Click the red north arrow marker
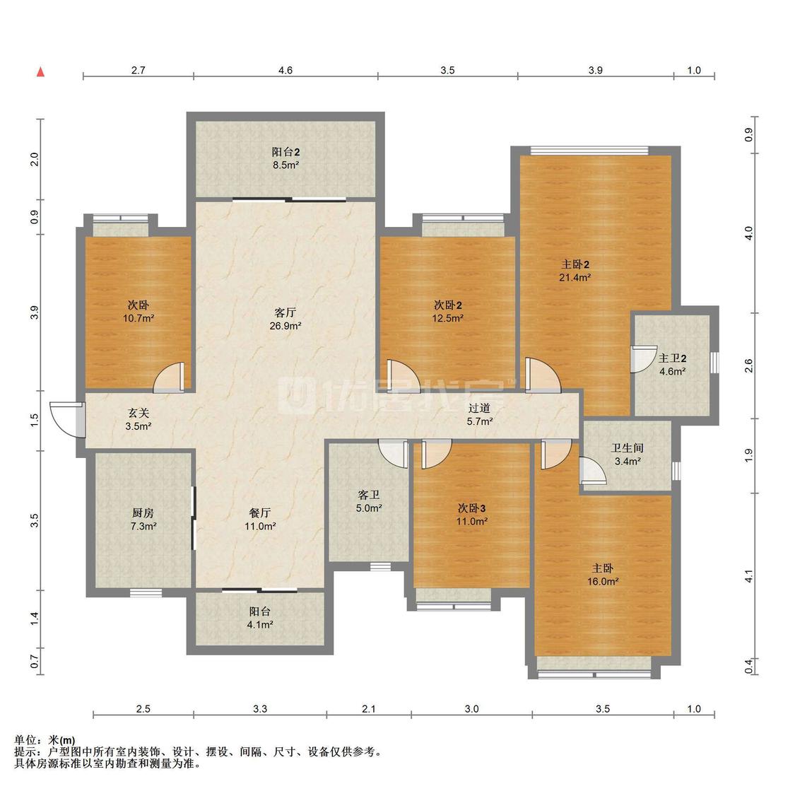click(x=40, y=72)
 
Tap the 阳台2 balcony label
click(x=285, y=151)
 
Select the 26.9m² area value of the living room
click(x=285, y=326)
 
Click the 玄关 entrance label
click(x=139, y=414)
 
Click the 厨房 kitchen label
click(x=143, y=513)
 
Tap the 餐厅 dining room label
click(x=260, y=513)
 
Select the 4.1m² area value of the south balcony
click(x=260, y=625)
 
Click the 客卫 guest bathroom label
click(x=369, y=495)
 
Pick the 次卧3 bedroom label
click(x=471, y=508)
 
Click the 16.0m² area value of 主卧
click(x=603, y=582)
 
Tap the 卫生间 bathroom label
click(x=628, y=448)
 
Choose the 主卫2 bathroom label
click(x=672, y=358)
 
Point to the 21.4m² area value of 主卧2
click(x=575, y=277)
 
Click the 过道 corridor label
click(x=480, y=408)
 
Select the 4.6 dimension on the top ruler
click(x=285, y=70)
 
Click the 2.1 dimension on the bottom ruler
click(x=369, y=708)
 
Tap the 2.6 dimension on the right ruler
click(x=748, y=365)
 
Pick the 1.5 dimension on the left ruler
click(x=35, y=420)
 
